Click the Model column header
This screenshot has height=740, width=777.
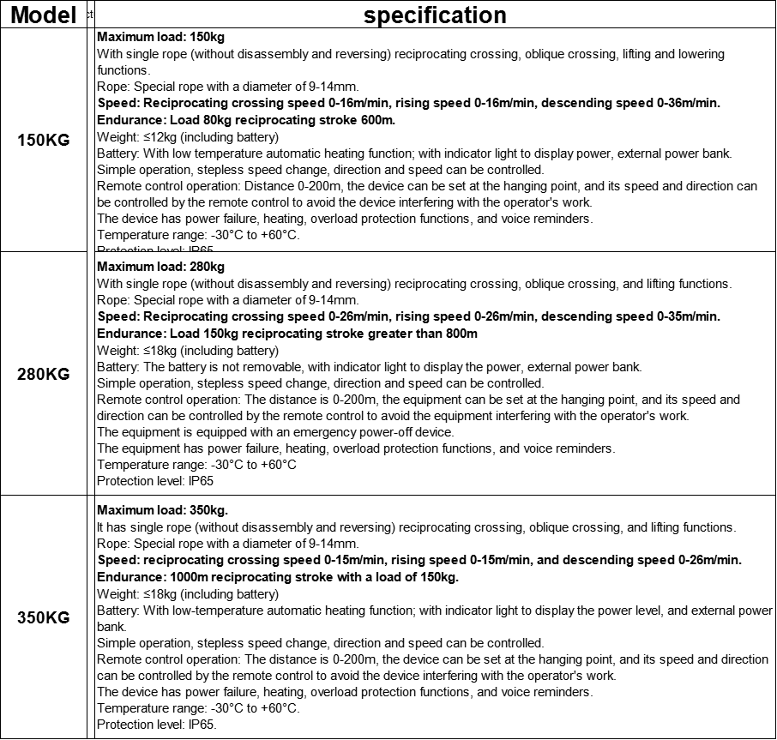(44, 15)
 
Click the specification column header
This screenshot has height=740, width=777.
(435, 15)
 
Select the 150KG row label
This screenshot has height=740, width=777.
(44, 141)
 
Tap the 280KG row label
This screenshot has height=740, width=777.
(44, 374)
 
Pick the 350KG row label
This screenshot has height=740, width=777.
(44, 617)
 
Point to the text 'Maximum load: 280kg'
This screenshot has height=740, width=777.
(160, 268)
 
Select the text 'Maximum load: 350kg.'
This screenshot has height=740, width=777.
(162, 511)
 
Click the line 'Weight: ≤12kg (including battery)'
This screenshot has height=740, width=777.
(188, 137)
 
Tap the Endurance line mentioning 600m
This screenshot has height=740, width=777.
(246, 121)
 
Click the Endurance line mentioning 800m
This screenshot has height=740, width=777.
(287, 334)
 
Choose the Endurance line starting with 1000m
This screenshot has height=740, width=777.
(278, 577)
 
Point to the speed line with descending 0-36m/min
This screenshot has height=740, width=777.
(408, 104)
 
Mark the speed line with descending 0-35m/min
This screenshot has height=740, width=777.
(408, 317)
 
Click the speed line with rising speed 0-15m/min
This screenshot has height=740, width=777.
(419, 561)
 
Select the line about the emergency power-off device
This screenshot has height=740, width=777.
(275, 432)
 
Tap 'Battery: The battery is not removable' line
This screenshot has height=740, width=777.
(369, 367)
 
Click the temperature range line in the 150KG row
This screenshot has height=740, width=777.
(198, 235)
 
